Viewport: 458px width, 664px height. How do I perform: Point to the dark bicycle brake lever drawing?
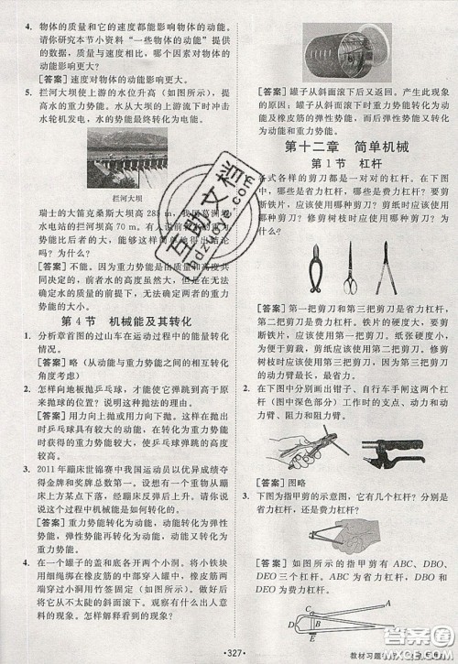[x=389, y=449]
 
